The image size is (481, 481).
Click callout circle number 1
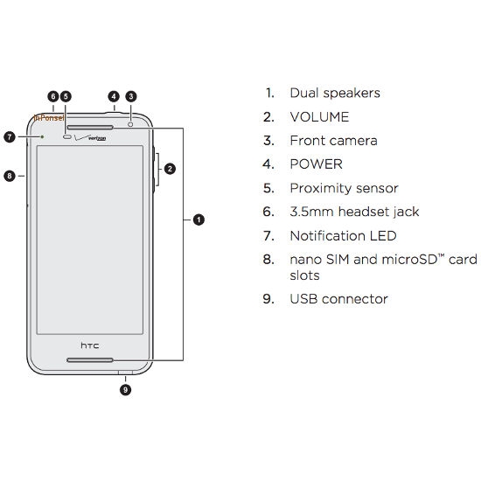pyautogui.click(x=199, y=220)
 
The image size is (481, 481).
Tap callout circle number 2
pyautogui.click(x=170, y=169)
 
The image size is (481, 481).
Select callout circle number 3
pyautogui.click(x=131, y=96)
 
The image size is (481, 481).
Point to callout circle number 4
pyautogui.click(x=114, y=96)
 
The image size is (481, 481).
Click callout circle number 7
pyautogui.click(x=10, y=136)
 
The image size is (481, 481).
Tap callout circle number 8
pyautogui.click(x=10, y=176)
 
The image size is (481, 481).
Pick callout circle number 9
pyautogui.click(x=125, y=390)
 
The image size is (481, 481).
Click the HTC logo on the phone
pyautogui.click(x=90, y=345)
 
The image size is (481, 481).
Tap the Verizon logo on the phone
pyautogui.click(x=90, y=137)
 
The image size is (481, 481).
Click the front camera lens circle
pyautogui.click(x=130, y=124)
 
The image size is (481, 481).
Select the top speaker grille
pyautogui.click(x=90, y=127)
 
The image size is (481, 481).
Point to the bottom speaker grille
pyautogui.click(x=90, y=359)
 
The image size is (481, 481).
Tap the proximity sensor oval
pyautogui.click(x=67, y=136)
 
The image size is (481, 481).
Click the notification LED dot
pyautogui.click(x=42, y=136)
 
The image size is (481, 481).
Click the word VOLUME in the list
pyautogui.click(x=319, y=117)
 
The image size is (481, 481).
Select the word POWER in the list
pyautogui.click(x=317, y=164)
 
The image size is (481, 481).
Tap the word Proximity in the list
pyautogui.click(x=321, y=188)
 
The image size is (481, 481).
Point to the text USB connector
pyautogui.click(x=338, y=299)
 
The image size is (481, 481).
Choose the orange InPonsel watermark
pyautogui.click(x=49, y=117)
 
